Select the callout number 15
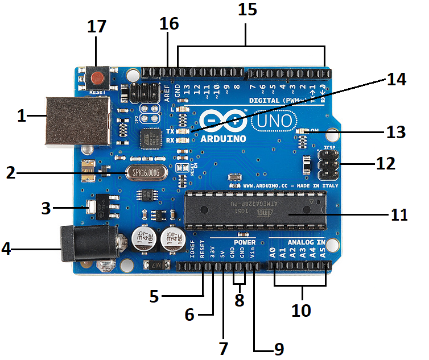click(x=248, y=11)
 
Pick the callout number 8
click(x=240, y=300)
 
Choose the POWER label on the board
click(x=244, y=242)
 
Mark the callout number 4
click(x=6, y=249)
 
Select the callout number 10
click(x=301, y=311)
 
